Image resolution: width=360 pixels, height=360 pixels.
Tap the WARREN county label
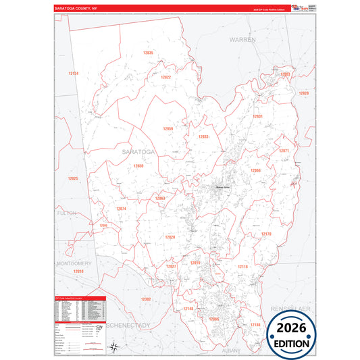point(242,41)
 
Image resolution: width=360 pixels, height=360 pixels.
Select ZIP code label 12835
point(148,53)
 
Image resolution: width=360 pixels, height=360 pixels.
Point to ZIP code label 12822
point(165,77)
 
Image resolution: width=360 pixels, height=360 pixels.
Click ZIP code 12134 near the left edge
point(74,73)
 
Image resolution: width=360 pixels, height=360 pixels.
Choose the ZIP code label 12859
point(168,128)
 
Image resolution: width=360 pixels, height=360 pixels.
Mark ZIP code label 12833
point(203,136)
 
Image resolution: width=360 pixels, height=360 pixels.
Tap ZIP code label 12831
point(257,116)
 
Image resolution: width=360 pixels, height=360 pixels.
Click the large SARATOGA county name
point(138,152)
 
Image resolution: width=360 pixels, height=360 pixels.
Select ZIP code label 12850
point(138,165)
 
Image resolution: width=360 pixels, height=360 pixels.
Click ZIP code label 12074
point(121,209)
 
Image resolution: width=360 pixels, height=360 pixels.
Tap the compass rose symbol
point(115,348)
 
